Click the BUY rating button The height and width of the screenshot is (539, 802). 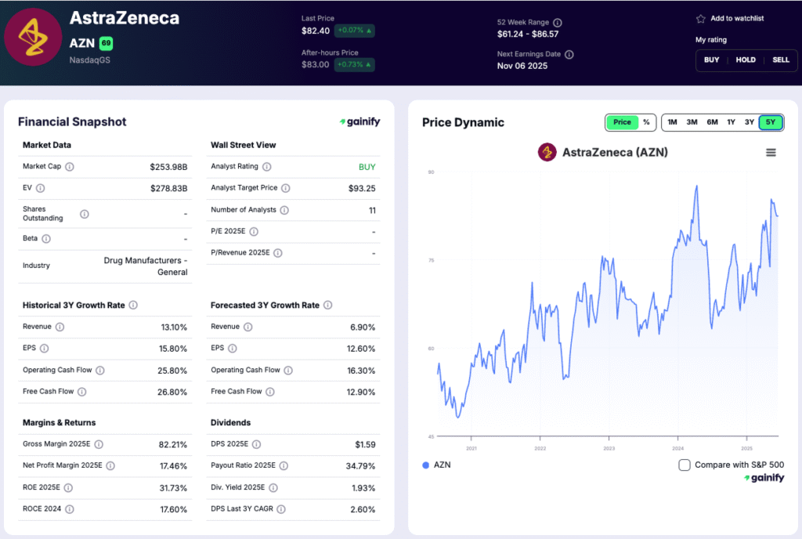711,60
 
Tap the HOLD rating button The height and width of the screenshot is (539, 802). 746,60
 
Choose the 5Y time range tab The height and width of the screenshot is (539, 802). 771,122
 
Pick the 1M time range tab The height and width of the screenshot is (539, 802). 672,122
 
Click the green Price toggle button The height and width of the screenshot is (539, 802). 622,122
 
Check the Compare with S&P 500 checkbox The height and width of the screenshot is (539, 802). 685,465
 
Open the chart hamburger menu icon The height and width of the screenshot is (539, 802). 771,153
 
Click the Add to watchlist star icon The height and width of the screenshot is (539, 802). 700,19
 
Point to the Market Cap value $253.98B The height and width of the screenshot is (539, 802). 168,167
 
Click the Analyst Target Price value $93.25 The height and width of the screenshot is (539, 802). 362,189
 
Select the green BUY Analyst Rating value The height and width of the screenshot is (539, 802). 367,167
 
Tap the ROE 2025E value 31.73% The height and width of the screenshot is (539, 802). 172,488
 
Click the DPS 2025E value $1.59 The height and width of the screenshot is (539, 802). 365,444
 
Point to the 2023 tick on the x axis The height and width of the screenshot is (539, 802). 609,448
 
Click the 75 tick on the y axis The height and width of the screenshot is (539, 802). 431,260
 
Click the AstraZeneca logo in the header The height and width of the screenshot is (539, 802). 33,37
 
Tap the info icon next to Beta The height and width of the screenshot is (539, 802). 47,239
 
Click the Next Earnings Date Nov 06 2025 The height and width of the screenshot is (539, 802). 522,66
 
